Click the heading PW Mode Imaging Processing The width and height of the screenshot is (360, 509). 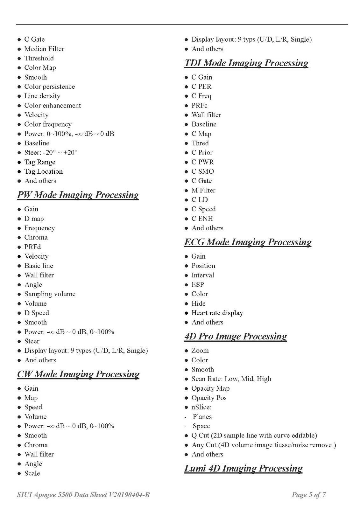click(x=78, y=195)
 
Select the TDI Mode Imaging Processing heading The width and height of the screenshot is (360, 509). click(x=246, y=63)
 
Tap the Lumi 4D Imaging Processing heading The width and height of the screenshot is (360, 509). click(x=243, y=468)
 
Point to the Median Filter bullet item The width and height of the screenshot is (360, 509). click(x=44, y=49)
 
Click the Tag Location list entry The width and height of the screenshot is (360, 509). click(x=44, y=171)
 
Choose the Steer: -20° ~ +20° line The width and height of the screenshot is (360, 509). click(x=51, y=153)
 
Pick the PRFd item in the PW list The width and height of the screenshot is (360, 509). click(x=32, y=247)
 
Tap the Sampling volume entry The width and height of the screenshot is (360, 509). click(x=50, y=294)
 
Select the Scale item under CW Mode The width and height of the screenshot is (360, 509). click(x=32, y=473)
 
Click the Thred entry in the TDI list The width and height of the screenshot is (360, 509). click(x=200, y=143)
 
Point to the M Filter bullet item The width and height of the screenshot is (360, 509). click(x=203, y=190)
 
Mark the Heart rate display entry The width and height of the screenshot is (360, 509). click(x=217, y=313)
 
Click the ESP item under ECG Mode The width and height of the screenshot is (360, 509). click(x=198, y=285)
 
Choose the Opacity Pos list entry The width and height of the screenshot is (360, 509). click(x=209, y=398)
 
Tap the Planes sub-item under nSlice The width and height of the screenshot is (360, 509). click(x=202, y=417)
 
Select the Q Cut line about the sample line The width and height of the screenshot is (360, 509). click(x=254, y=436)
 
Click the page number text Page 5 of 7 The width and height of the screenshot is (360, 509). click(x=309, y=495)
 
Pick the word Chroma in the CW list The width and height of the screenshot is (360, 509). click(x=36, y=445)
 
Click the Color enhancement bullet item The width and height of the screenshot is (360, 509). click(x=53, y=106)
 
